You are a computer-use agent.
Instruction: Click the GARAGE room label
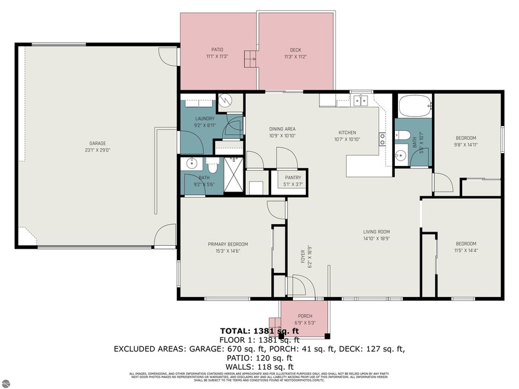(x=97, y=143)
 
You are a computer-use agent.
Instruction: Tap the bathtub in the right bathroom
(x=413, y=106)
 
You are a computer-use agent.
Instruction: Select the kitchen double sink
(x=359, y=101)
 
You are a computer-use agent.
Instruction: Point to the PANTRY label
(x=293, y=177)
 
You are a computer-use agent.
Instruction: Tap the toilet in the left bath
(x=212, y=165)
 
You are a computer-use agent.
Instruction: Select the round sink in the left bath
(x=190, y=164)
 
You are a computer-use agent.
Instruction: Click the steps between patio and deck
(x=250, y=59)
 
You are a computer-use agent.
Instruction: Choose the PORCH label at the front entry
(x=305, y=316)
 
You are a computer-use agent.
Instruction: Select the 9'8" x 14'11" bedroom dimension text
(x=466, y=145)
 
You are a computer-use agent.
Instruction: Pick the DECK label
(x=295, y=50)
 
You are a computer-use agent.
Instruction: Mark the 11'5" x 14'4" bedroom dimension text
(x=466, y=251)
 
